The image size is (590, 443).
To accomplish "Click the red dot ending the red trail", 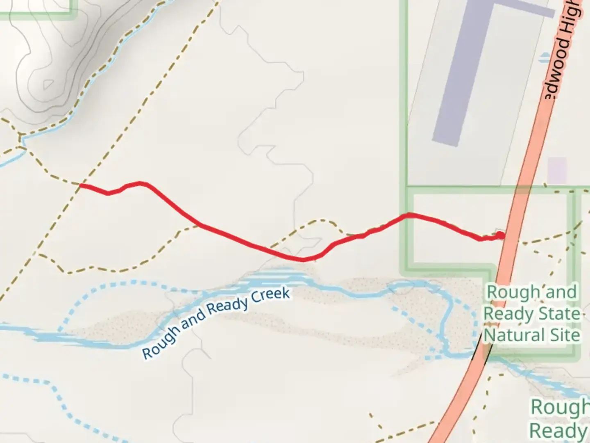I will pyautogui.click(x=500, y=235).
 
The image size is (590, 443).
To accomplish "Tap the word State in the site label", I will pyautogui.click(x=559, y=314).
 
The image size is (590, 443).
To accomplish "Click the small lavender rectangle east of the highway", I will pyautogui.click(x=557, y=170).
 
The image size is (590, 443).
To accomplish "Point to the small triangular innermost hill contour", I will pyautogui.click(x=48, y=84).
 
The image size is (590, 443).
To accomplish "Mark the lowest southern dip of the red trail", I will pyautogui.click(x=302, y=259).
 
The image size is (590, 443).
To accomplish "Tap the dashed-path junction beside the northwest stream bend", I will pyautogui.click(x=19, y=145).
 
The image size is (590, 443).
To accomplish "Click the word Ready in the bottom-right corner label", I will pyautogui.click(x=557, y=431).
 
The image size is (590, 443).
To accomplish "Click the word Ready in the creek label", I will pyautogui.click(x=228, y=306).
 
